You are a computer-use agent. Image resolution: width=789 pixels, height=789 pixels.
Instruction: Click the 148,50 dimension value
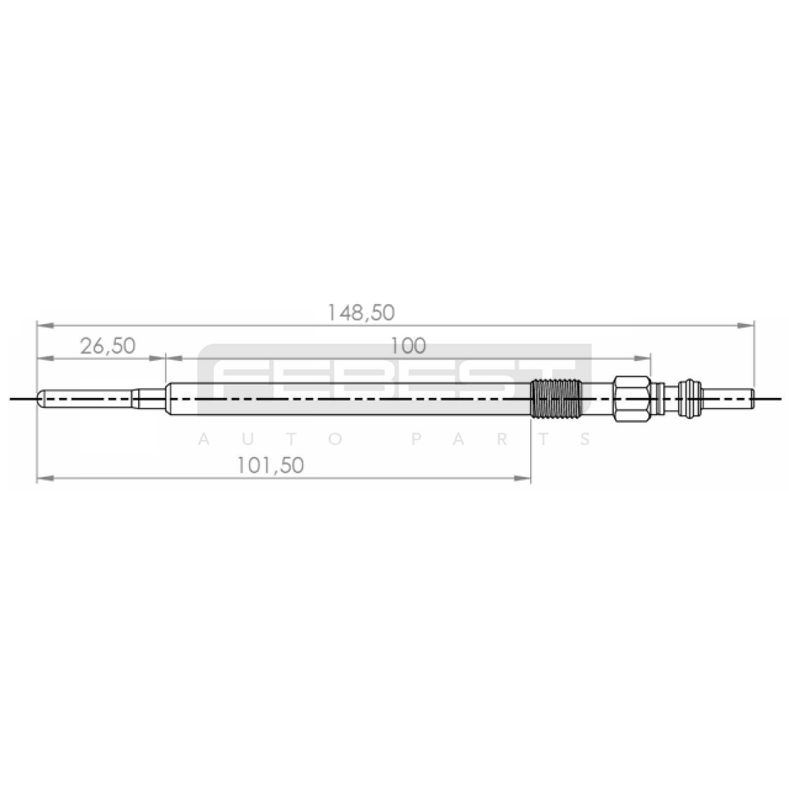[361, 313]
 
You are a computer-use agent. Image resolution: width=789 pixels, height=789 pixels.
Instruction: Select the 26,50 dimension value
[108, 346]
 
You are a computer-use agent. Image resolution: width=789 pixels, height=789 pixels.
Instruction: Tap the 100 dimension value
[408, 346]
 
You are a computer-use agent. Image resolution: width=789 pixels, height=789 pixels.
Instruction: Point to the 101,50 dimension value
[271, 465]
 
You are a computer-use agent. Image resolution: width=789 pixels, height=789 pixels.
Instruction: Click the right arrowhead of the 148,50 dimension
[746, 325]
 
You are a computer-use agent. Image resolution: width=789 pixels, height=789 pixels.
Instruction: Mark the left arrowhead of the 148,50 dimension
[45, 325]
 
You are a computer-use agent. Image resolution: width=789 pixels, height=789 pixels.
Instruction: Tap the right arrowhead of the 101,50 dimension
[522, 478]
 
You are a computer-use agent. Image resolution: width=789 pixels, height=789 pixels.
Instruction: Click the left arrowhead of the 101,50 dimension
[45, 478]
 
